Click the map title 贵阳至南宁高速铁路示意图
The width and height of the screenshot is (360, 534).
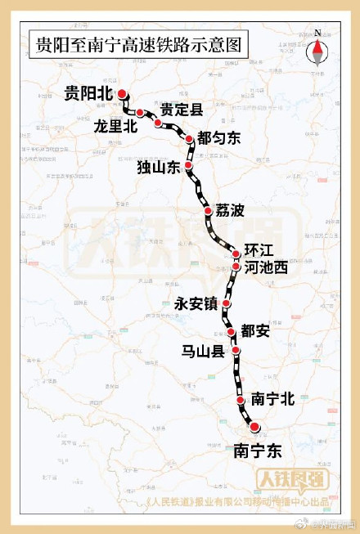(138, 45)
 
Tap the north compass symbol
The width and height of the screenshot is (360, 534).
(317, 50)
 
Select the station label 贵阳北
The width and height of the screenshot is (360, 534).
(88, 94)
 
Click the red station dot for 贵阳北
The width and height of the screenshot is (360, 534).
(122, 93)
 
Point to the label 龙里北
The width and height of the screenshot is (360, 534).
(115, 126)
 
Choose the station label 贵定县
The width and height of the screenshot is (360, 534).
(182, 110)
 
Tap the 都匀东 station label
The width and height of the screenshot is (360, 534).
(219, 139)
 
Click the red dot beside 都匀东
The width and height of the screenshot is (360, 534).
(190, 139)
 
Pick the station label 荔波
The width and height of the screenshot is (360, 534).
(230, 211)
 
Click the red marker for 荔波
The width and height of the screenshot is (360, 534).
(208, 212)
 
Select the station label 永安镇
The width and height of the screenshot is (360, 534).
(196, 303)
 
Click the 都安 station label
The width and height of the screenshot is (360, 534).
(254, 330)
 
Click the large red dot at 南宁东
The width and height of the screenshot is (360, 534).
(254, 427)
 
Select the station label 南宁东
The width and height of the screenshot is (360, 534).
(258, 450)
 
